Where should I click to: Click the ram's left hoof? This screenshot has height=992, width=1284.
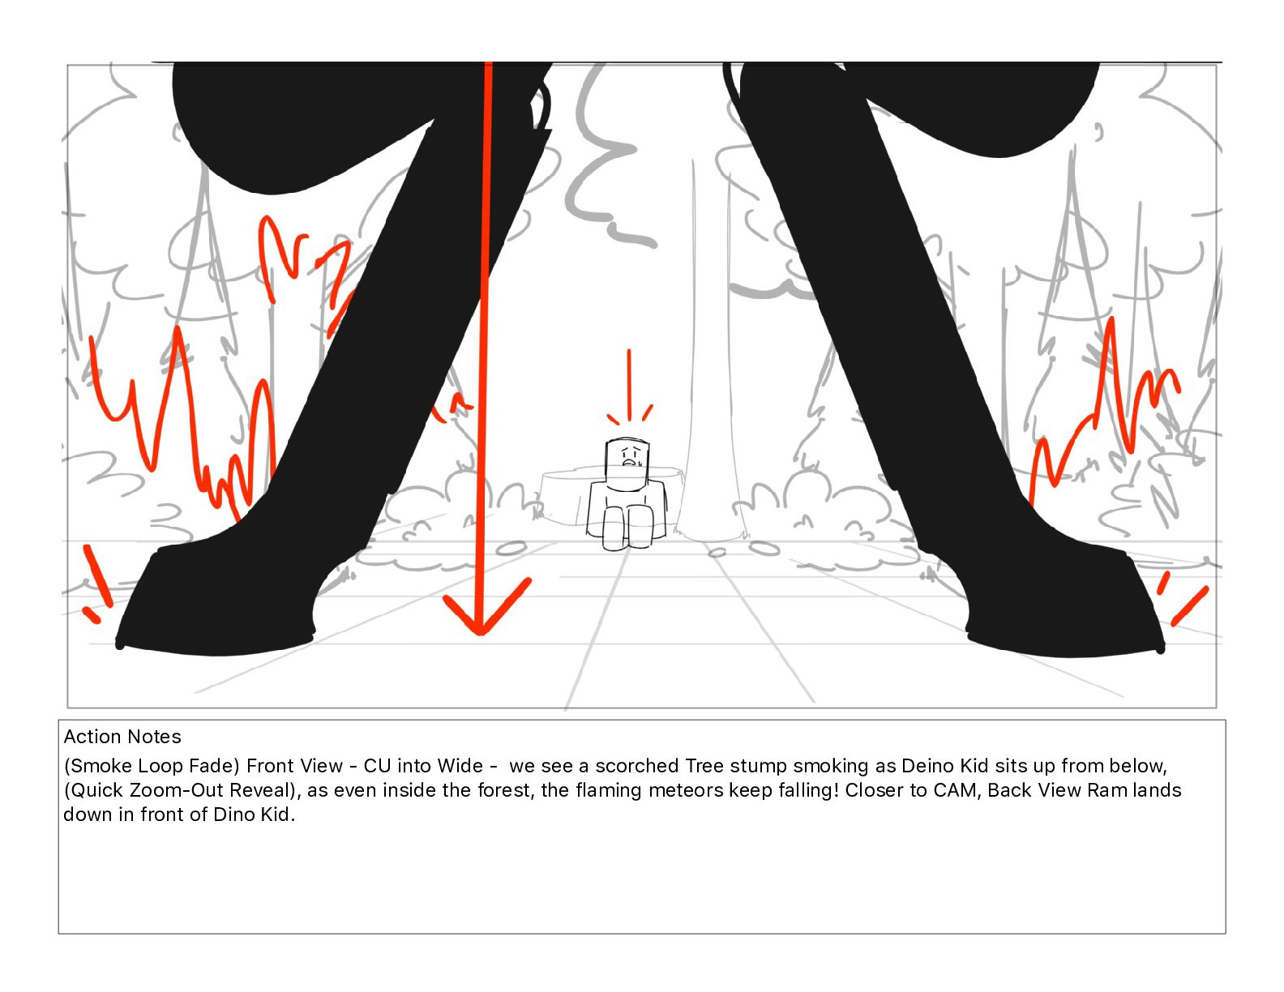tap(216, 603)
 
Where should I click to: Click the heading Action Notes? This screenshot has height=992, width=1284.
tap(122, 737)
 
